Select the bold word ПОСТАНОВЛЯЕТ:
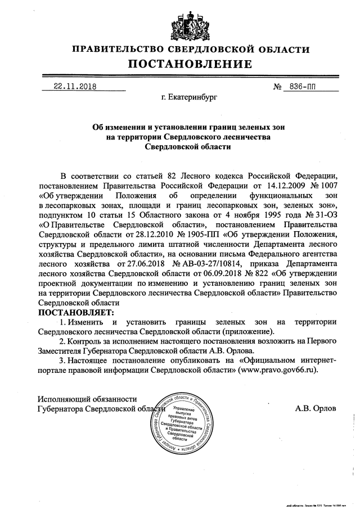[x=75, y=312]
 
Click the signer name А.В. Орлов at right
[x=316, y=408]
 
